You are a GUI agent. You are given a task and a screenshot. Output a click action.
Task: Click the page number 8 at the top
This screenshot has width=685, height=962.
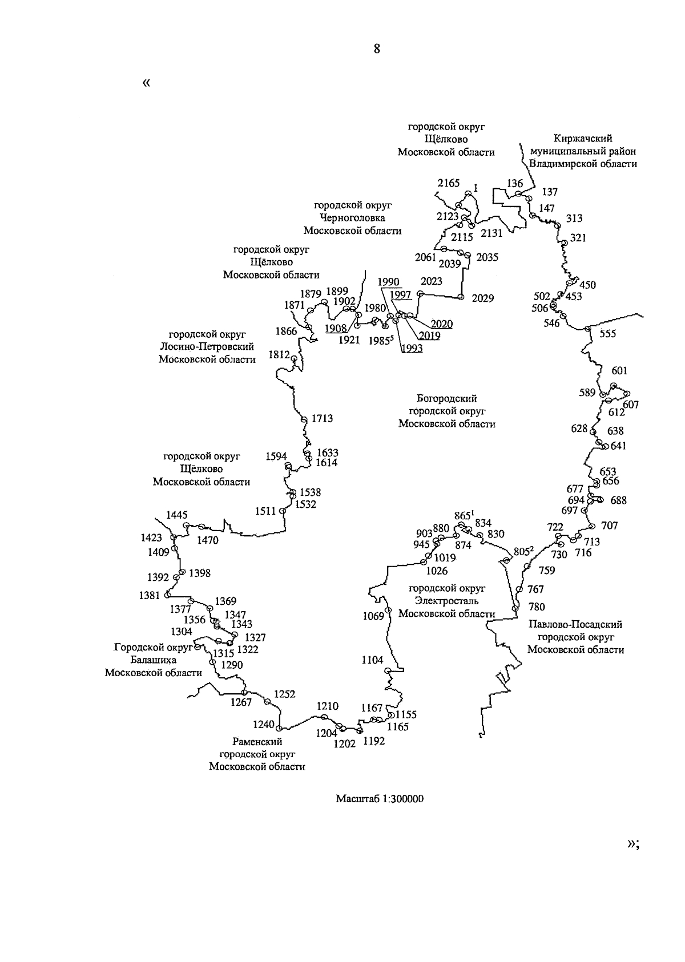(x=377, y=48)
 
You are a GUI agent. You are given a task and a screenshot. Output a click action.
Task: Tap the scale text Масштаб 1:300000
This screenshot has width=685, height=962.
(x=380, y=799)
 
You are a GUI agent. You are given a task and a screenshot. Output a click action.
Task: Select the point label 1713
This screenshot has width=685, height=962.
(x=322, y=418)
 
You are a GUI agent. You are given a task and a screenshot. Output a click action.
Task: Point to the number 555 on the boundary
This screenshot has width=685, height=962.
(x=608, y=333)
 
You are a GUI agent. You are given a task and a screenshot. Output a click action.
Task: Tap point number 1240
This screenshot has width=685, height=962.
(x=264, y=724)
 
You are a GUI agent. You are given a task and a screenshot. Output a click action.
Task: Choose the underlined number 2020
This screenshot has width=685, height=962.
(x=442, y=324)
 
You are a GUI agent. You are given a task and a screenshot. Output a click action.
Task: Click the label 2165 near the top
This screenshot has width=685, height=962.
(x=448, y=183)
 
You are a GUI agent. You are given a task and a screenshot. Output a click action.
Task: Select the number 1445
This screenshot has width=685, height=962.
(x=177, y=515)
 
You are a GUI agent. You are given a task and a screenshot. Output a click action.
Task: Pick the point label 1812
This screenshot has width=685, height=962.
(x=279, y=354)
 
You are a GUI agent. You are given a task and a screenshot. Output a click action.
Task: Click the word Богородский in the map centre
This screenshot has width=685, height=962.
(x=447, y=399)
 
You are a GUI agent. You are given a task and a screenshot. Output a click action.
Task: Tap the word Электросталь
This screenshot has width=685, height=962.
(x=447, y=600)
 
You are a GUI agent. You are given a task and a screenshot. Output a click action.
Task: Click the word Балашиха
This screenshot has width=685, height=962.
(x=154, y=660)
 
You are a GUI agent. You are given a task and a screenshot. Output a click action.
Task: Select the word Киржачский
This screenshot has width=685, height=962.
(x=583, y=139)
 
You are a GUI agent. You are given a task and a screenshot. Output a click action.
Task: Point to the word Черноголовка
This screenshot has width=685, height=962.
(x=353, y=218)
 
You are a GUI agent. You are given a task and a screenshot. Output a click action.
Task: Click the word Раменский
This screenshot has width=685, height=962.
(x=257, y=742)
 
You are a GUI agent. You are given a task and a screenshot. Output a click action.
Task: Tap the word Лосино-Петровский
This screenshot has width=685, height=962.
(x=207, y=346)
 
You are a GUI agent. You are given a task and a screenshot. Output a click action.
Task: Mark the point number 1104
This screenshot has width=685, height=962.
(x=372, y=660)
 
